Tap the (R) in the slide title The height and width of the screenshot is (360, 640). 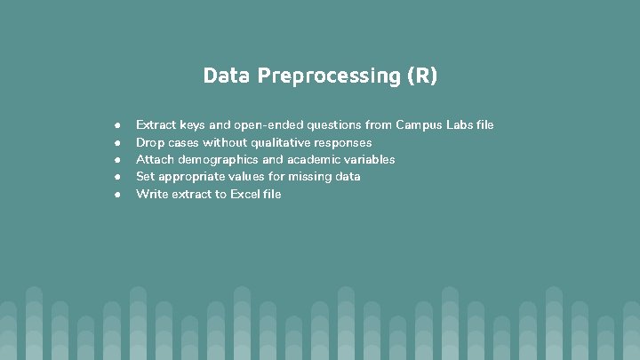click(422, 76)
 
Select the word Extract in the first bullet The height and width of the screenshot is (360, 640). click(156, 125)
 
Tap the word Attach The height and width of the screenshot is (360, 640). click(155, 160)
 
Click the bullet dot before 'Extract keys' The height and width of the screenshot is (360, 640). click(116, 125)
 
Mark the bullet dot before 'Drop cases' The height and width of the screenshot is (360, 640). click(116, 142)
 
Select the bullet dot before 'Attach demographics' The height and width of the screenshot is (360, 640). click(116, 160)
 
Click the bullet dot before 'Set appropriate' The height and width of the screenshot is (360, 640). click(116, 177)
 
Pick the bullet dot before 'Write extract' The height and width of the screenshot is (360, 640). click(116, 194)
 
